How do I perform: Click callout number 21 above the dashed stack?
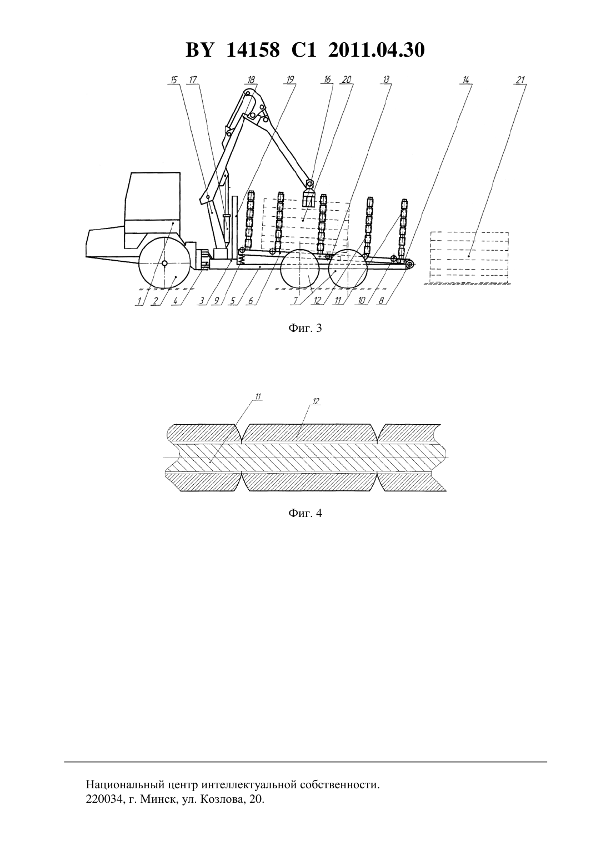tap(521, 80)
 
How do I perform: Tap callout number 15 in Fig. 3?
tap(174, 80)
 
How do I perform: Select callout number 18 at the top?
tap(251, 80)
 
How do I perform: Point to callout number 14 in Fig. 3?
tap(466, 80)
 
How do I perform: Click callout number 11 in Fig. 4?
tap(258, 396)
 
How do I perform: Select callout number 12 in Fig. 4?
tap(315, 401)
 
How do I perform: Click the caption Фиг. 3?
tap(305, 328)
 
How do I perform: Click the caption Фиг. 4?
tap(305, 513)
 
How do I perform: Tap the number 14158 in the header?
tap(253, 50)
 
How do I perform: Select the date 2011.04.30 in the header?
tap(377, 50)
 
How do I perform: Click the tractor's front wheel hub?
tap(165, 264)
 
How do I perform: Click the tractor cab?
tap(153, 211)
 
